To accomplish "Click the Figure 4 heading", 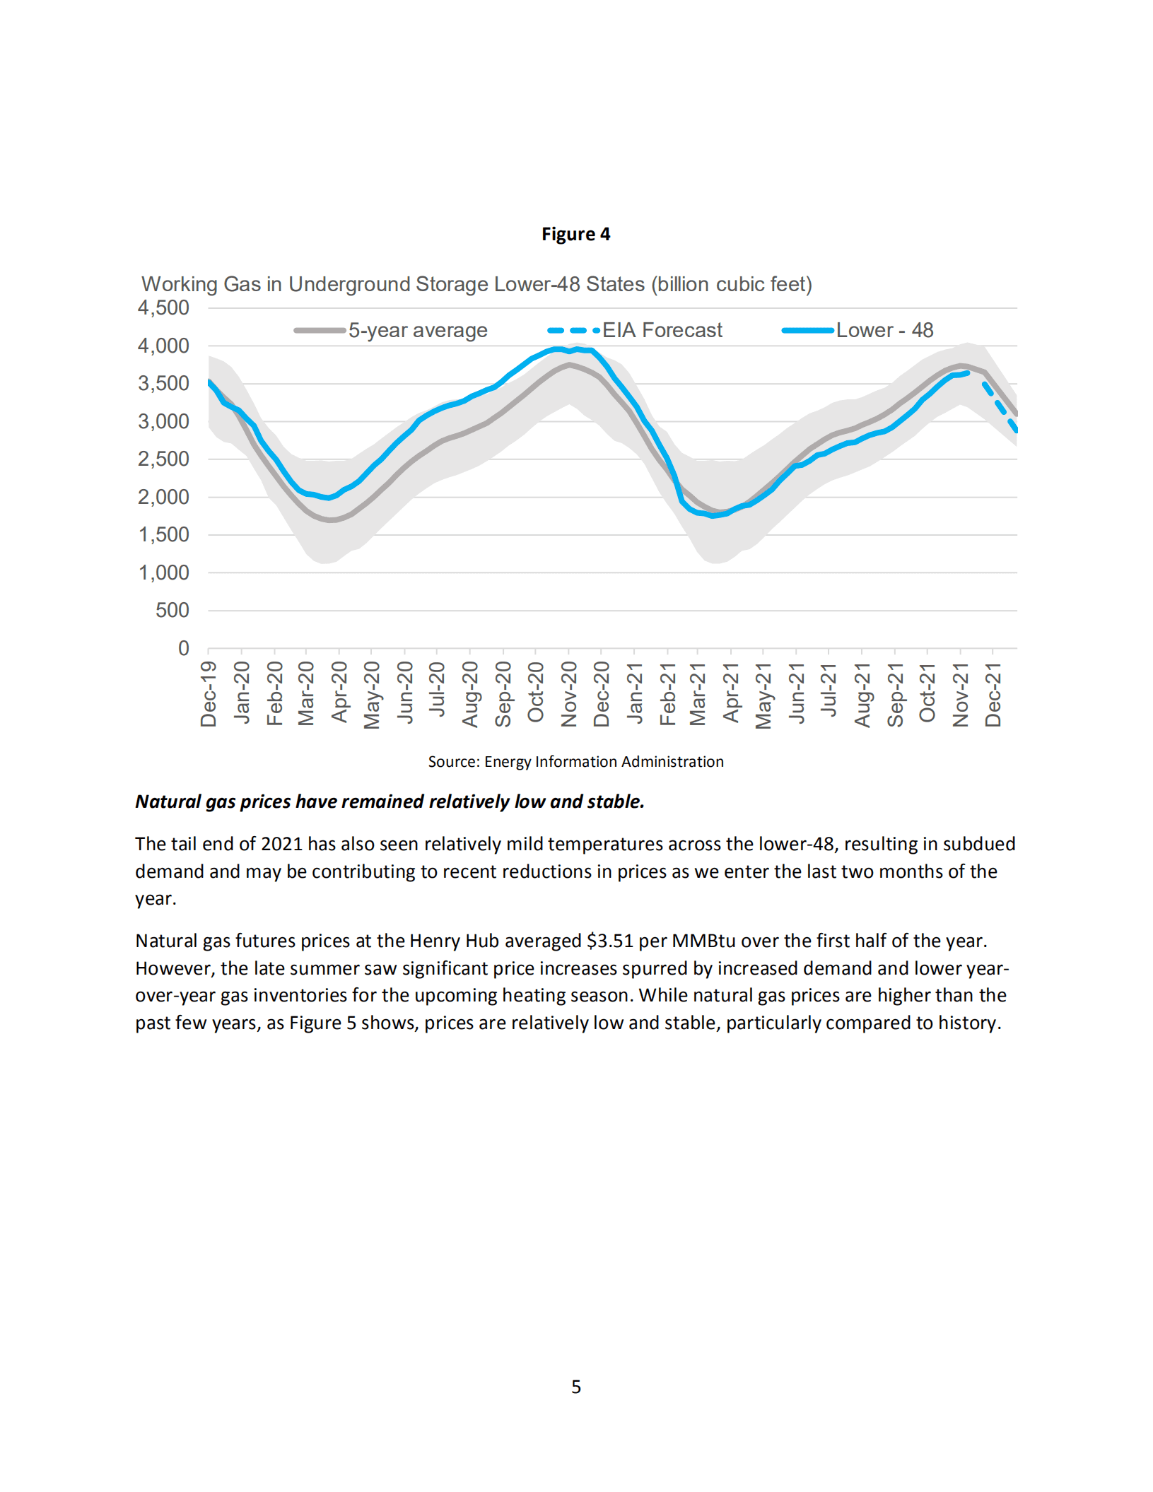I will coord(575,234).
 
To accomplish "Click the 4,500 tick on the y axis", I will coord(163,308).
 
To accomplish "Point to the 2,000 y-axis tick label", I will coord(163,497).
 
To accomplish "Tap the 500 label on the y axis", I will coord(172,610).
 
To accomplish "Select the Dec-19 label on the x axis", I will coord(209,694).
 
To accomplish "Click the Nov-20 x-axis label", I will coord(569,694).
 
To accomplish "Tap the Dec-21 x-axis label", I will coord(993,694).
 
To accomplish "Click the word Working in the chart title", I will coord(180,284).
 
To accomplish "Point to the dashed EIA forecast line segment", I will coord(1000,406).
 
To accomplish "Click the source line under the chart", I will coord(575,761).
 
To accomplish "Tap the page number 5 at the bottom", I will coord(576,1387).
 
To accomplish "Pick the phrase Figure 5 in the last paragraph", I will coord(322,1023).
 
